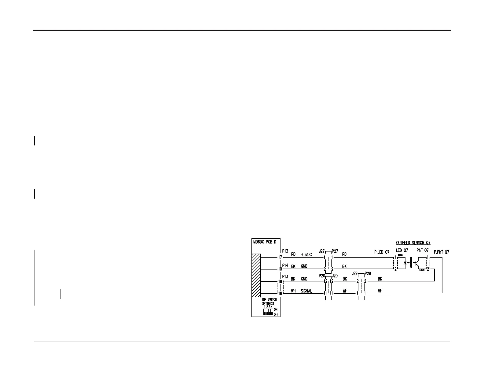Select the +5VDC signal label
pyautogui.click(x=306, y=254)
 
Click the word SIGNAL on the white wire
pyautogui.click(x=306, y=291)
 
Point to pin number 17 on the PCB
pyautogui.click(x=280, y=257)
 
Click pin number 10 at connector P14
pyautogui.click(x=280, y=269)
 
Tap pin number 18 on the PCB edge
pyautogui.click(x=280, y=293)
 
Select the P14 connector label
pyautogui.click(x=285, y=265)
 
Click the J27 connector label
pyautogui.click(x=322, y=251)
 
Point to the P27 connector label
pyautogui.click(x=335, y=251)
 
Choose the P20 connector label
pyautogui.click(x=322, y=275)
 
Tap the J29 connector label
pyautogui.click(x=355, y=273)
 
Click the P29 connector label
pyautogui.click(x=368, y=273)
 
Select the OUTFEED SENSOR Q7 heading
pyautogui.click(x=413, y=243)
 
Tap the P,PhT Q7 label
pyautogui.click(x=441, y=252)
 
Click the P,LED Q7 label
pyautogui.click(x=382, y=252)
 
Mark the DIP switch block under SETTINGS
pyautogui.click(x=268, y=312)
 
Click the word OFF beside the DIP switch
pyautogui.click(x=276, y=314)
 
